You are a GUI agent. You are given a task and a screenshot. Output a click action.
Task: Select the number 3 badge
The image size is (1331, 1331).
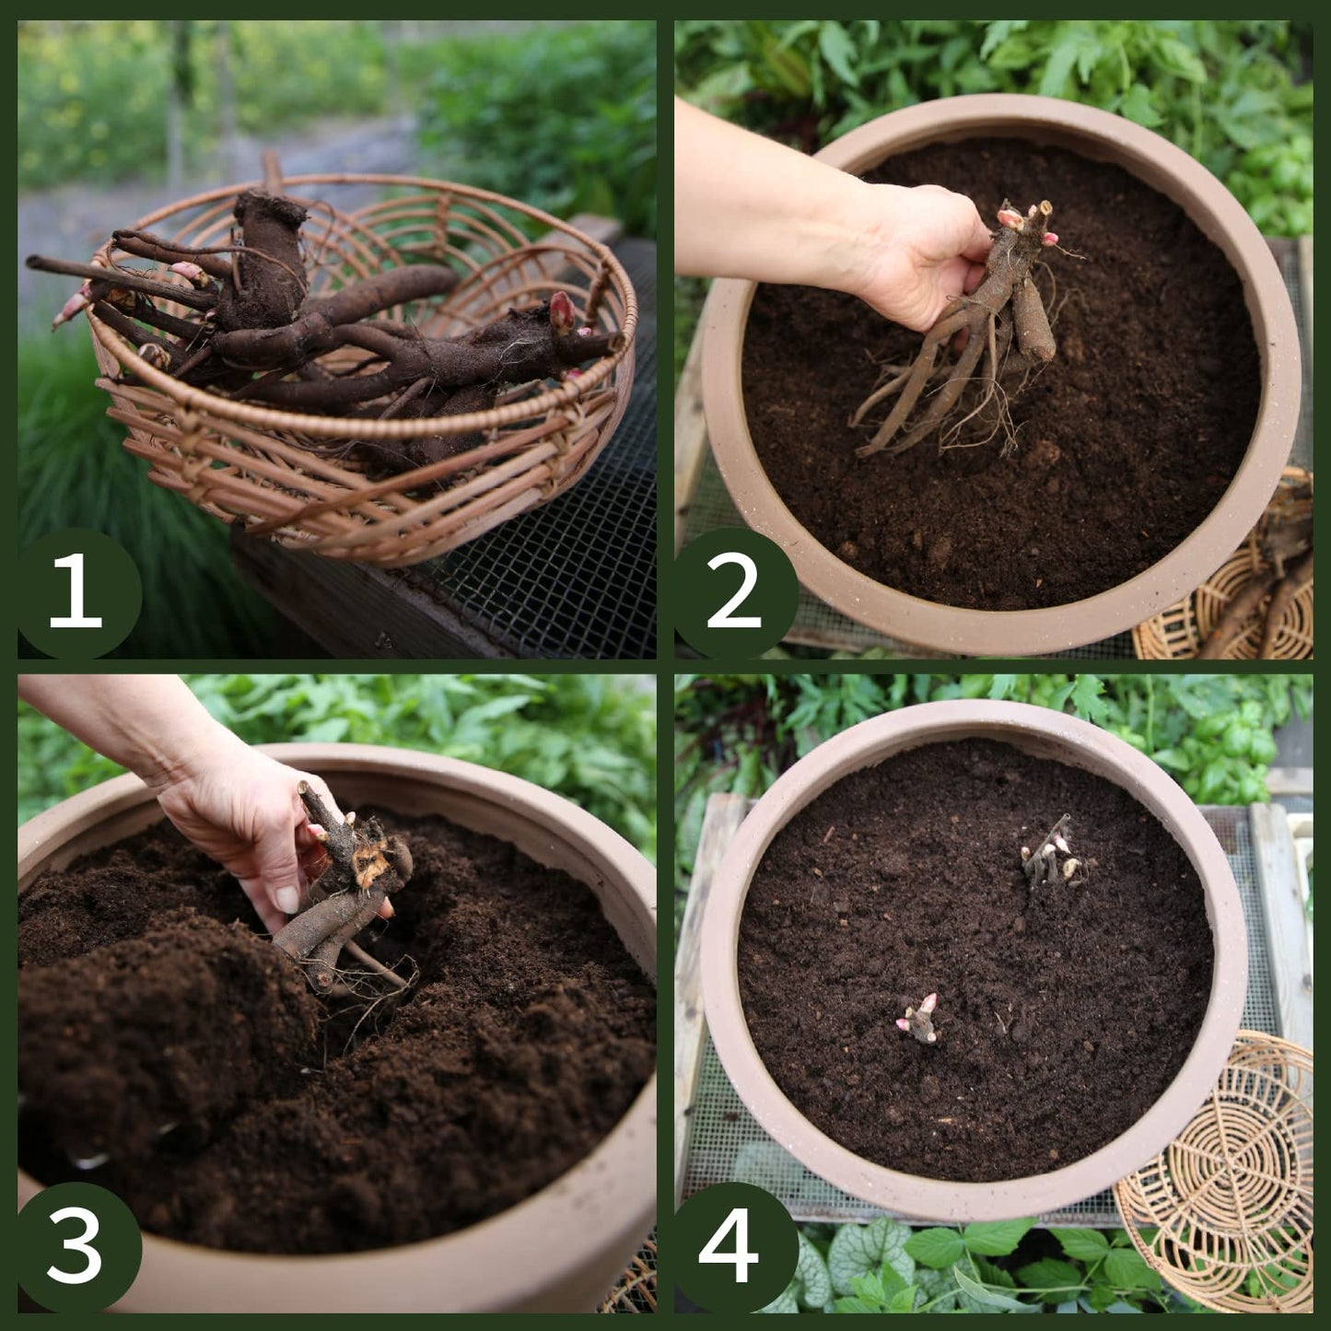pos(77,1250)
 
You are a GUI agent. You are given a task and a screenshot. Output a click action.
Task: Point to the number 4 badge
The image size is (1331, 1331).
pos(735,1250)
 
